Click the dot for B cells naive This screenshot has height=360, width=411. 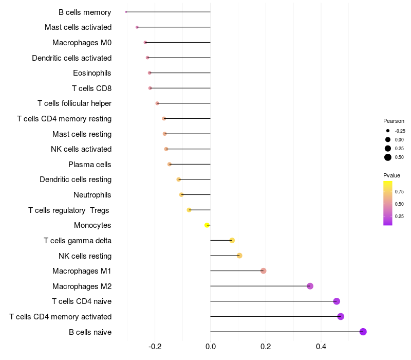click(x=363, y=332)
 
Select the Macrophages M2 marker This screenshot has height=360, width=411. click(x=310, y=286)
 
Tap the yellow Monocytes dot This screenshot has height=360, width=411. click(x=207, y=225)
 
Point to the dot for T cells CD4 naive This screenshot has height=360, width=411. click(x=337, y=301)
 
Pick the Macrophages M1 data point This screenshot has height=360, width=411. click(x=263, y=271)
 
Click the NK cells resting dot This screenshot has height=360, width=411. click(x=239, y=256)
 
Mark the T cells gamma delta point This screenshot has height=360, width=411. click(x=232, y=240)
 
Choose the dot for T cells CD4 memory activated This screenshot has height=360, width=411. click(x=341, y=316)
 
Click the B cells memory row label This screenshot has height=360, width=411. click(x=85, y=12)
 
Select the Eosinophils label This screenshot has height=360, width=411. click(x=92, y=73)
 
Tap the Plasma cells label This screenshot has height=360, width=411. click(x=90, y=165)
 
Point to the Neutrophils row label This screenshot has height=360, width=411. click(x=92, y=195)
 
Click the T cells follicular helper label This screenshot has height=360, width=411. click(x=74, y=103)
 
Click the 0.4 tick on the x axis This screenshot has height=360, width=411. click(x=321, y=347)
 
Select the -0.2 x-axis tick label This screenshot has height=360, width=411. click(x=155, y=347)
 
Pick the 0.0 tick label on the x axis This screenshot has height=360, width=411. click(x=211, y=347)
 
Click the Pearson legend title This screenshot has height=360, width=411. click(x=394, y=121)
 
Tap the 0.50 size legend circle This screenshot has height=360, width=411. click(x=388, y=157)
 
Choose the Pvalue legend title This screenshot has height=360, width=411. click(x=391, y=175)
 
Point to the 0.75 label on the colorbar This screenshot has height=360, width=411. click(x=399, y=192)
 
